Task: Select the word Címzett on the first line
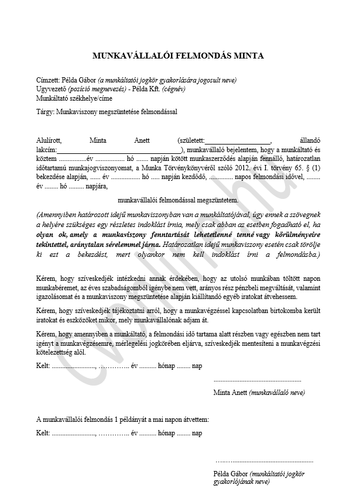pos(47,81)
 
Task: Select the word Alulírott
pos(49,141)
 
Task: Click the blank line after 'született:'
pos(238,141)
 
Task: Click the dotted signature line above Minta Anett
pos(258,380)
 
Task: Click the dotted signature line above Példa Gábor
pos(264,461)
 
